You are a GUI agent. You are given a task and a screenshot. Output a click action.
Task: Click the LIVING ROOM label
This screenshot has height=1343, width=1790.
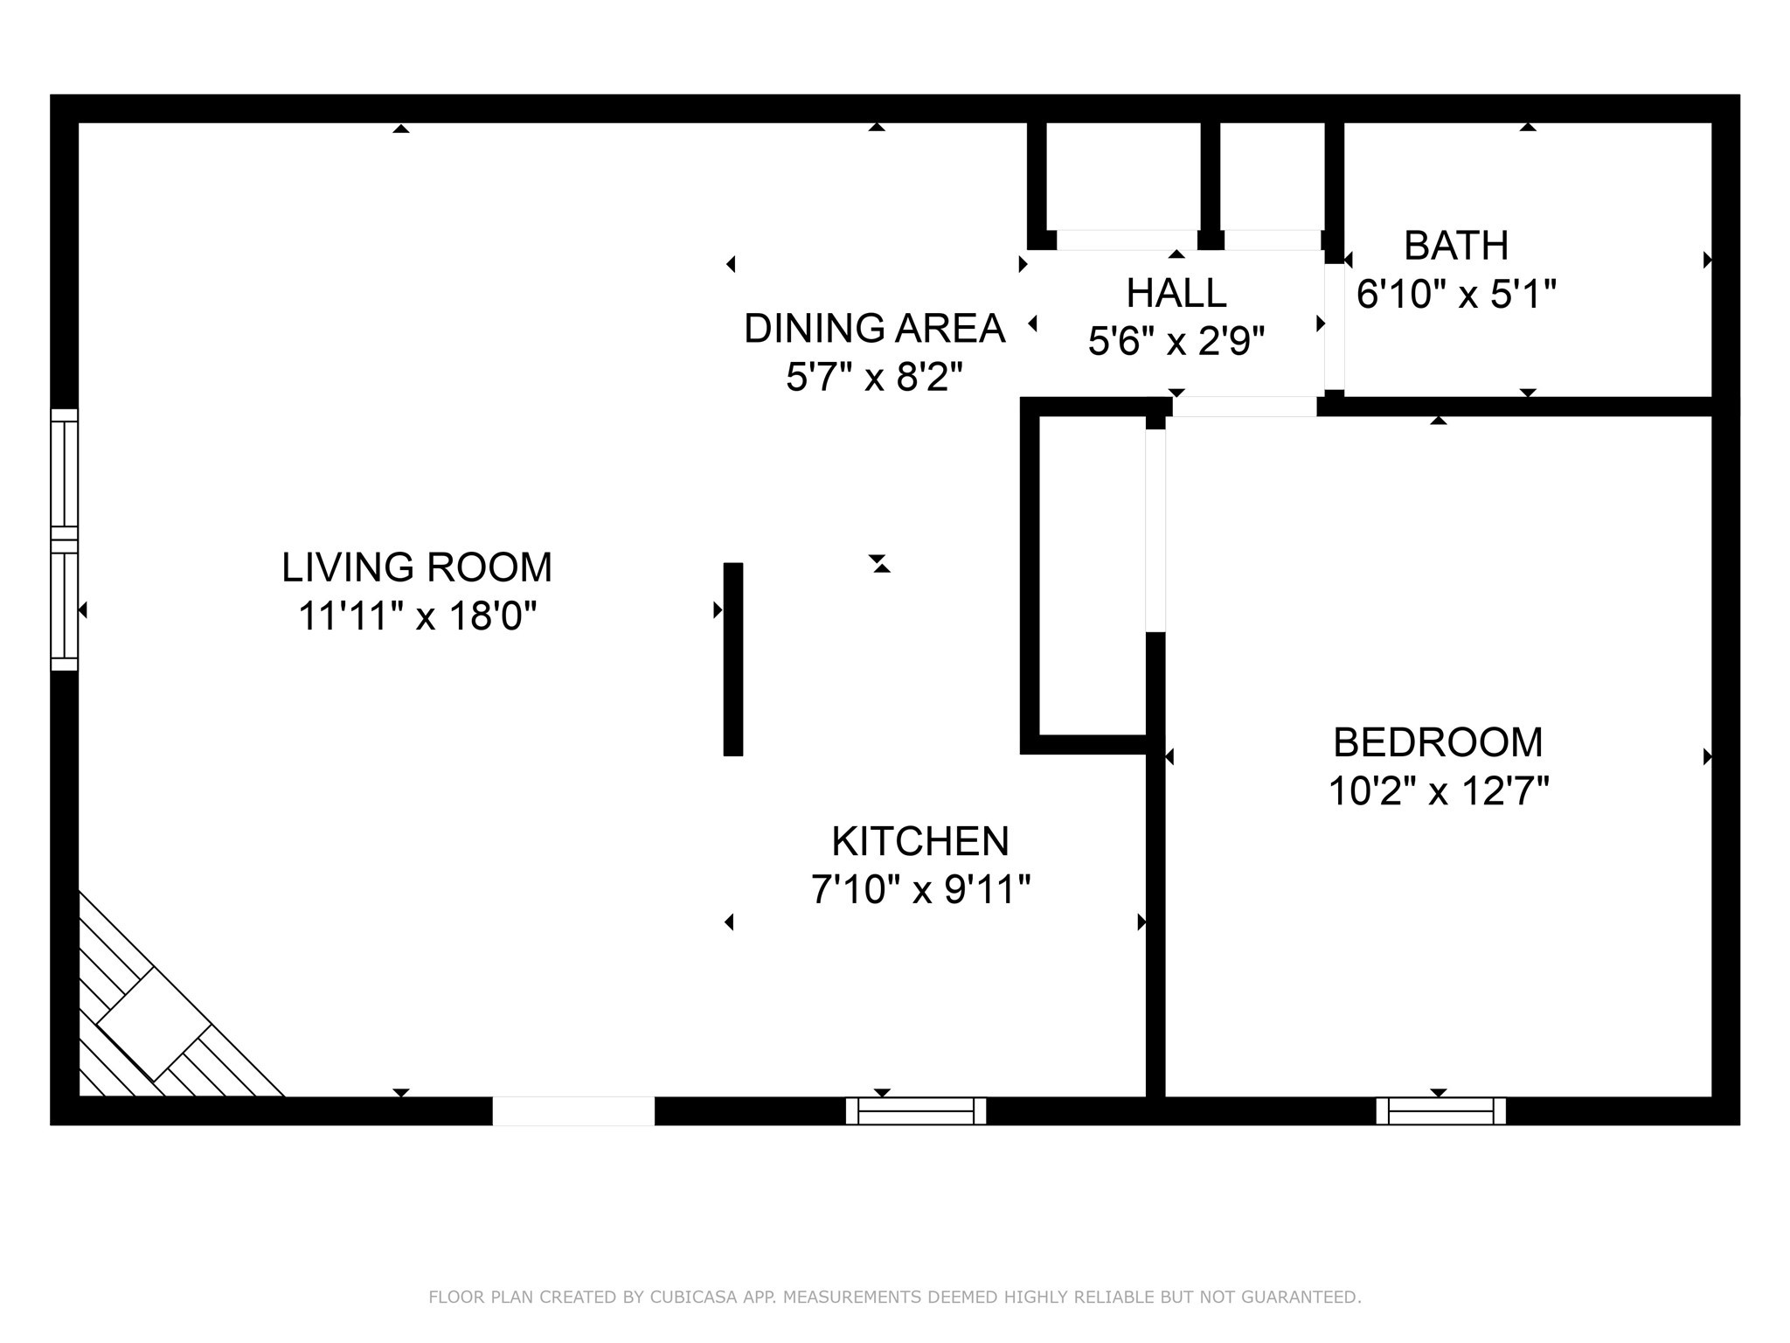click(417, 567)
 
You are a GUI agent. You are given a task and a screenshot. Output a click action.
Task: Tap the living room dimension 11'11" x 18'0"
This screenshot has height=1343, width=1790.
click(417, 616)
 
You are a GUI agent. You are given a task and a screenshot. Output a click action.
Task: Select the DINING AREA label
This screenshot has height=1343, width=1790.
click(874, 328)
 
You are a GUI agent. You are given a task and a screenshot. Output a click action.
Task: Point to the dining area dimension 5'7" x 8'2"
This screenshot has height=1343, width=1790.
click(874, 378)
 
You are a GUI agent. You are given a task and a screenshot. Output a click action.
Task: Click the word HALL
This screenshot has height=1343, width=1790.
click(1176, 293)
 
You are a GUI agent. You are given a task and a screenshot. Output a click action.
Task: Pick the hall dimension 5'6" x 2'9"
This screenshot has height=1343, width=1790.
click(1176, 341)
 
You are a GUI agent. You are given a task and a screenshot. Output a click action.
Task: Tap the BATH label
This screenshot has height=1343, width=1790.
click(1456, 246)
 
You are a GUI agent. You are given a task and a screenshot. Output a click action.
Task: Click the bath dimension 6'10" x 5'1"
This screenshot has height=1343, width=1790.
click(1456, 294)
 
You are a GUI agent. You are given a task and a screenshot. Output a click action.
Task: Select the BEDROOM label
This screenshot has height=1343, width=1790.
click(1438, 742)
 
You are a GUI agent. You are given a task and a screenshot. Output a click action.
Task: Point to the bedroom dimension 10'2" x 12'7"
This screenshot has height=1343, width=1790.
click(1438, 791)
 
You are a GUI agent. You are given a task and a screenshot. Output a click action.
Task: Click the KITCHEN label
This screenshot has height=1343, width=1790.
click(920, 841)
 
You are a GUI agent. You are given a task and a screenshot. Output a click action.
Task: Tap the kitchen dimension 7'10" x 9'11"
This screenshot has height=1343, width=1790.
click(920, 890)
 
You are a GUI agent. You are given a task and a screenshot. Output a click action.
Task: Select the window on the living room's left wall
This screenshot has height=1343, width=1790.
click(65, 539)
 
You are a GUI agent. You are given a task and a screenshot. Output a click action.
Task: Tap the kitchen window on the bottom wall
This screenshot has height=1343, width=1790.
click(916, 1110)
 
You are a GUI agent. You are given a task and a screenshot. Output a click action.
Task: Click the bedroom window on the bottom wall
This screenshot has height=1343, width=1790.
click(1440, 1110)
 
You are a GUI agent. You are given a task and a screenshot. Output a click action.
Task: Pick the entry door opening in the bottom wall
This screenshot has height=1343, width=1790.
click(573, 1110)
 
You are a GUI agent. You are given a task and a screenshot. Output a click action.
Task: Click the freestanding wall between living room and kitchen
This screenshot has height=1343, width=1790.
click(733, 659)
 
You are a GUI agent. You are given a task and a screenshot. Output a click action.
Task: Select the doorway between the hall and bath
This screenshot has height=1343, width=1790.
click(1335, 326)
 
